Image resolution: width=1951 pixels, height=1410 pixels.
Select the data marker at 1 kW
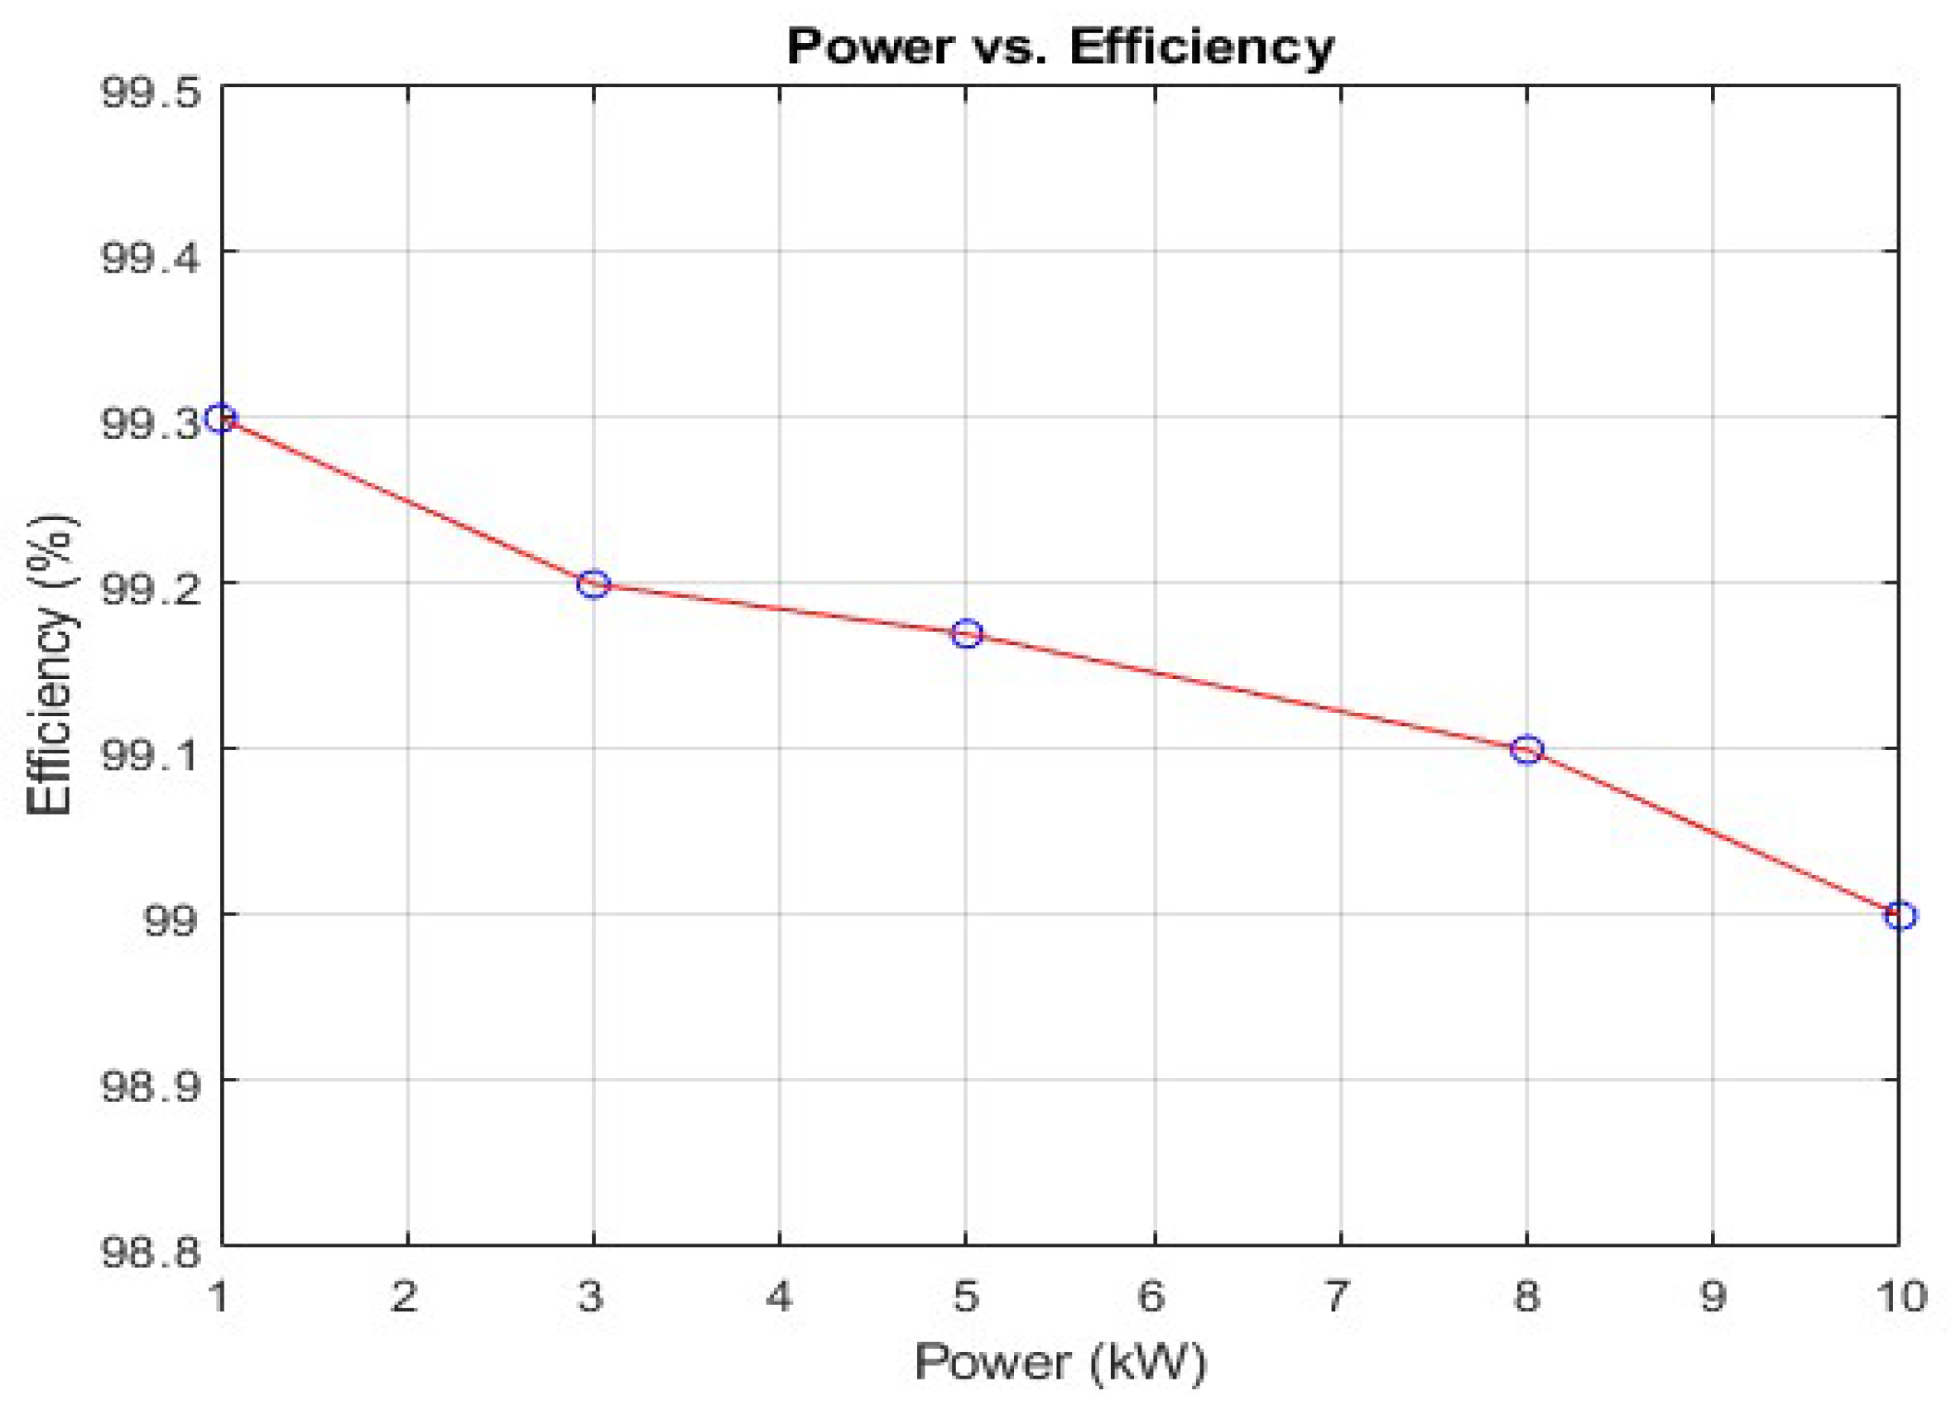[222, 419]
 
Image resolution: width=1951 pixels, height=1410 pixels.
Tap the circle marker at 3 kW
[593, 585]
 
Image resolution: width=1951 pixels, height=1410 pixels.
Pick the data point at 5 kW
[967, 634]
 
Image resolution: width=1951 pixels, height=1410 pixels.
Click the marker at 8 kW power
[1527, 750]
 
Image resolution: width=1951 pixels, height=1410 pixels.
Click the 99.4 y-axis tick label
[151, 257]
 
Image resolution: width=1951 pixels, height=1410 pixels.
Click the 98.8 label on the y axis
[151, 1252]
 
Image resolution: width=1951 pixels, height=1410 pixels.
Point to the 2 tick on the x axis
[404, 1297]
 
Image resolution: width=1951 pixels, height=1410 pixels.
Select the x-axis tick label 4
[779, 1297]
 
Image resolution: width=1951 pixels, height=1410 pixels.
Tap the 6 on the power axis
[1152, 1297]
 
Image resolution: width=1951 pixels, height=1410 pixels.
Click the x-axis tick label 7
[1337, 1297]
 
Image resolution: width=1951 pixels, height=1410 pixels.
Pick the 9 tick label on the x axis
[1712, 1297]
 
